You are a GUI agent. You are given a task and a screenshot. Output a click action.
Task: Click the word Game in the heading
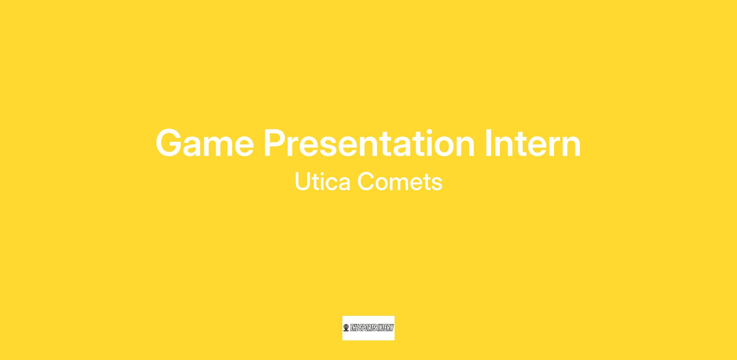point(205,143)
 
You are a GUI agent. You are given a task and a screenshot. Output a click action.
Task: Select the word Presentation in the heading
point(370,143)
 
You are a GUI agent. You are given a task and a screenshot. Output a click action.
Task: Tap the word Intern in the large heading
point(533,143)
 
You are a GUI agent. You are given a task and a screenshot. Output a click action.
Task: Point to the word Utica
point(322,181)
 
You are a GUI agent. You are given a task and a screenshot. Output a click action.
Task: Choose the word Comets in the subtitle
point(400,181)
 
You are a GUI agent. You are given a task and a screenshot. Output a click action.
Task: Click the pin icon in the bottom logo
point(346,328)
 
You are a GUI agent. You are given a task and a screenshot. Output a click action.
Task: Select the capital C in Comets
point(366,181)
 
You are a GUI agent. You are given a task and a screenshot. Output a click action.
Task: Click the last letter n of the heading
point(572,146)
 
